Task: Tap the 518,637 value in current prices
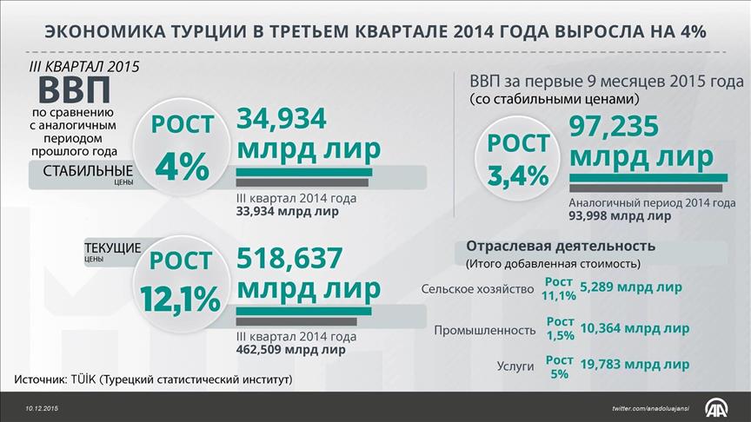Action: pos(290,258)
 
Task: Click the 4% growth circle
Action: pos(182,148)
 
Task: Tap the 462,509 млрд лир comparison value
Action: pos(290,351)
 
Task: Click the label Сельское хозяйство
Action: pos(475,289)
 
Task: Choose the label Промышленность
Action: pos(483,330)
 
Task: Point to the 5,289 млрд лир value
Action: pos(630,287)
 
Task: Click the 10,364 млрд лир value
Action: pos(634,328)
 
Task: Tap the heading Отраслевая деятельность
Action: pos(561,246)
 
